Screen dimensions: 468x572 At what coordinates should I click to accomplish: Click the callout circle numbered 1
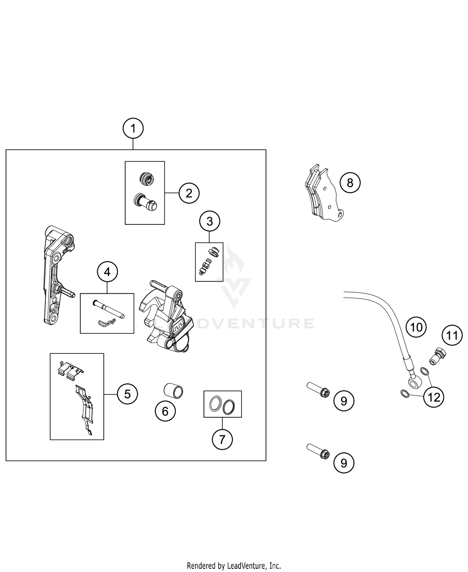133,128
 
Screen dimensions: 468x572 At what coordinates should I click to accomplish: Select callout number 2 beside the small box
189,193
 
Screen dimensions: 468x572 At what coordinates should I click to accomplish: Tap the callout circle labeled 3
210,221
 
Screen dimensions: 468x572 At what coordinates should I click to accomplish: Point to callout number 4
107,272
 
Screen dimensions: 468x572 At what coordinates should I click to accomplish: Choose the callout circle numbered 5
128,394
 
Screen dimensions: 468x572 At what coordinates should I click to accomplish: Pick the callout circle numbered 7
222,440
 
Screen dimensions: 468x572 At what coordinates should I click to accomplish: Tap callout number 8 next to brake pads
350,183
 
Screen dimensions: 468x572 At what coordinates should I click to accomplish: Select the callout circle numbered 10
416,327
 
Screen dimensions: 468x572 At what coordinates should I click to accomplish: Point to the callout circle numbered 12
434,397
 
